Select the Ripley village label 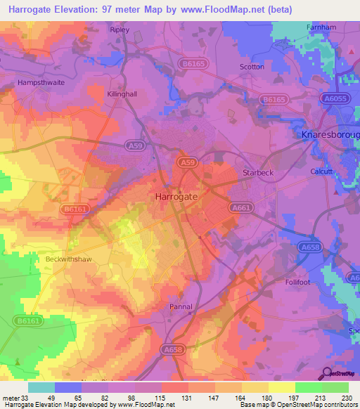[120, 30]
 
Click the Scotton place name [252, 67]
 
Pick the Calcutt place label [321, 171]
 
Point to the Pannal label [181, 306]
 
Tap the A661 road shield [240, 208]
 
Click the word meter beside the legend [11, 398]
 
